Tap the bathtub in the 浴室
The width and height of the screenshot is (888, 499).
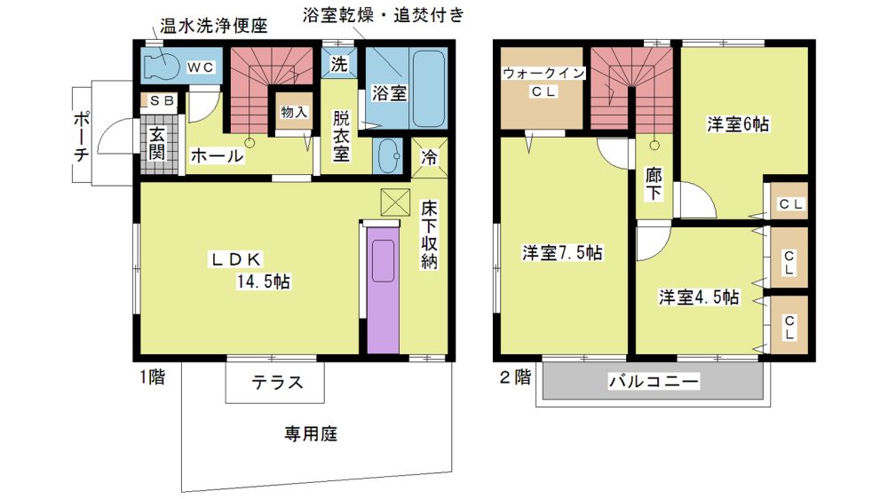click(428, 89)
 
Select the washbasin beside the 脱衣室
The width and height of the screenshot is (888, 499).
click(388, 155)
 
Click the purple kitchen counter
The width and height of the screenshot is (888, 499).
click(383, 289)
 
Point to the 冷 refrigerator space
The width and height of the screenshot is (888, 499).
click(429, 157)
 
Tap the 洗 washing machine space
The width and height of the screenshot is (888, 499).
click(339, 63)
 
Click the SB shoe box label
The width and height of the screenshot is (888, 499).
click(162, 101)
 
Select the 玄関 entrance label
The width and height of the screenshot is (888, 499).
click(157, 143)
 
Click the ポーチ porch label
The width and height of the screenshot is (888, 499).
click(81, 136)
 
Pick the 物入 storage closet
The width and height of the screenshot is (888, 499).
click(293, 112)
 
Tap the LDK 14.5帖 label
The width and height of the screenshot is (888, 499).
click(250, 270)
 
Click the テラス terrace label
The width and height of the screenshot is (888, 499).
click(277, 383)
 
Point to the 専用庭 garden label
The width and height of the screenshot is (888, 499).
click(310, 434)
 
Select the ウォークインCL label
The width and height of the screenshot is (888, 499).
click(543, 82)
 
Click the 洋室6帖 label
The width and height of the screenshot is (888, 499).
click(738, 124)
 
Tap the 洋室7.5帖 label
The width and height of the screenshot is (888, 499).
click(562, 253)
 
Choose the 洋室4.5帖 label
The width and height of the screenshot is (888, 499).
click(699, 297)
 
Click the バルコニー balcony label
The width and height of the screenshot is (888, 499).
click(654, 381)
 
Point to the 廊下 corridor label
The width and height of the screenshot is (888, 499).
click(654, 184)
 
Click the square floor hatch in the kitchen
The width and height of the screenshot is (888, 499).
click(395, 202)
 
